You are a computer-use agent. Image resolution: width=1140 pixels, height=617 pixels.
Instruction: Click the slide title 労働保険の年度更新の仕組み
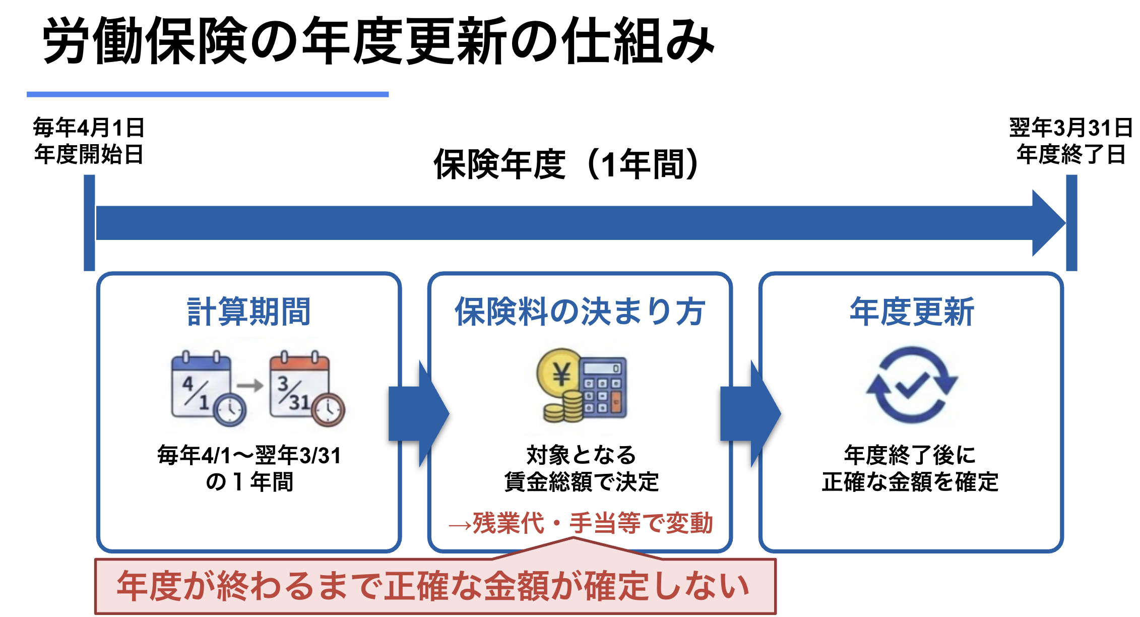(x=378, y=41)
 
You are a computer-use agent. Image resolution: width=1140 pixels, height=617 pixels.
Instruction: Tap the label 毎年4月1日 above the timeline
(x=89, y=128)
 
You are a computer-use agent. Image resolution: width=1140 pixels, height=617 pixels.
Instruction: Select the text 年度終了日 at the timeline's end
(x=1070, y=154)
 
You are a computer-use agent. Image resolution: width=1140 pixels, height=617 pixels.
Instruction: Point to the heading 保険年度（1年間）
(x=566, y=164)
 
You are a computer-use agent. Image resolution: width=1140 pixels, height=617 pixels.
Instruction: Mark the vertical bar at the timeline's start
(x=89, y=222)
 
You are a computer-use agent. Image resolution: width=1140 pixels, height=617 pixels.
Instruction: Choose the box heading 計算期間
(x=248, y=312)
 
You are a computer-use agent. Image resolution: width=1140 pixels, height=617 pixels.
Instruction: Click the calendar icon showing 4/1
(x=202, y=387)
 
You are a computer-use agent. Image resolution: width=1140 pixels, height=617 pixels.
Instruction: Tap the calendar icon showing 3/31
(x=299, y=387)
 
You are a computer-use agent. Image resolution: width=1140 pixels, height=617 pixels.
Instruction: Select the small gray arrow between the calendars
(x=250, y=386)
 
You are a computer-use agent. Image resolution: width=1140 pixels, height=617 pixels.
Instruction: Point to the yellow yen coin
(x=559, y=374)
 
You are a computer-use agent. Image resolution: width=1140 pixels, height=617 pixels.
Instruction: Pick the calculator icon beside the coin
(x=603, y=387)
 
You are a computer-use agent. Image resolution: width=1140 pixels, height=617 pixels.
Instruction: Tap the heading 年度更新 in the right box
(x=912, y=312)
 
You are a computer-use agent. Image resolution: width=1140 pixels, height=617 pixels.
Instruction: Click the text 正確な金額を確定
(x=910, y=482)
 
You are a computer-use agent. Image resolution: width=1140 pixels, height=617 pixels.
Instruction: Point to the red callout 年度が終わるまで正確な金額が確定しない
(x=434, y=586)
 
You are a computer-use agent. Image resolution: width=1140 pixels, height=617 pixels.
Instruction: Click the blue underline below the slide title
(x=207, y=94)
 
